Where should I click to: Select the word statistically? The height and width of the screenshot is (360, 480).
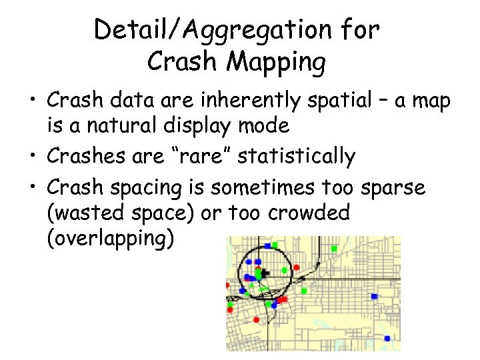[296, 156]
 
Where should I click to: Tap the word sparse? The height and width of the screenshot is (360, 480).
[393, 189]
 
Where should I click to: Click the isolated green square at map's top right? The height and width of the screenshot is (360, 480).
[334, 248]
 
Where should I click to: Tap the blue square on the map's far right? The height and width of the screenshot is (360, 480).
[375, 296]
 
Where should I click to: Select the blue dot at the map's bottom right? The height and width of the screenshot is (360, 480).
[387, 339]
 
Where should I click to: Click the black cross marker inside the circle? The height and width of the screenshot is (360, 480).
[265, 273]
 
